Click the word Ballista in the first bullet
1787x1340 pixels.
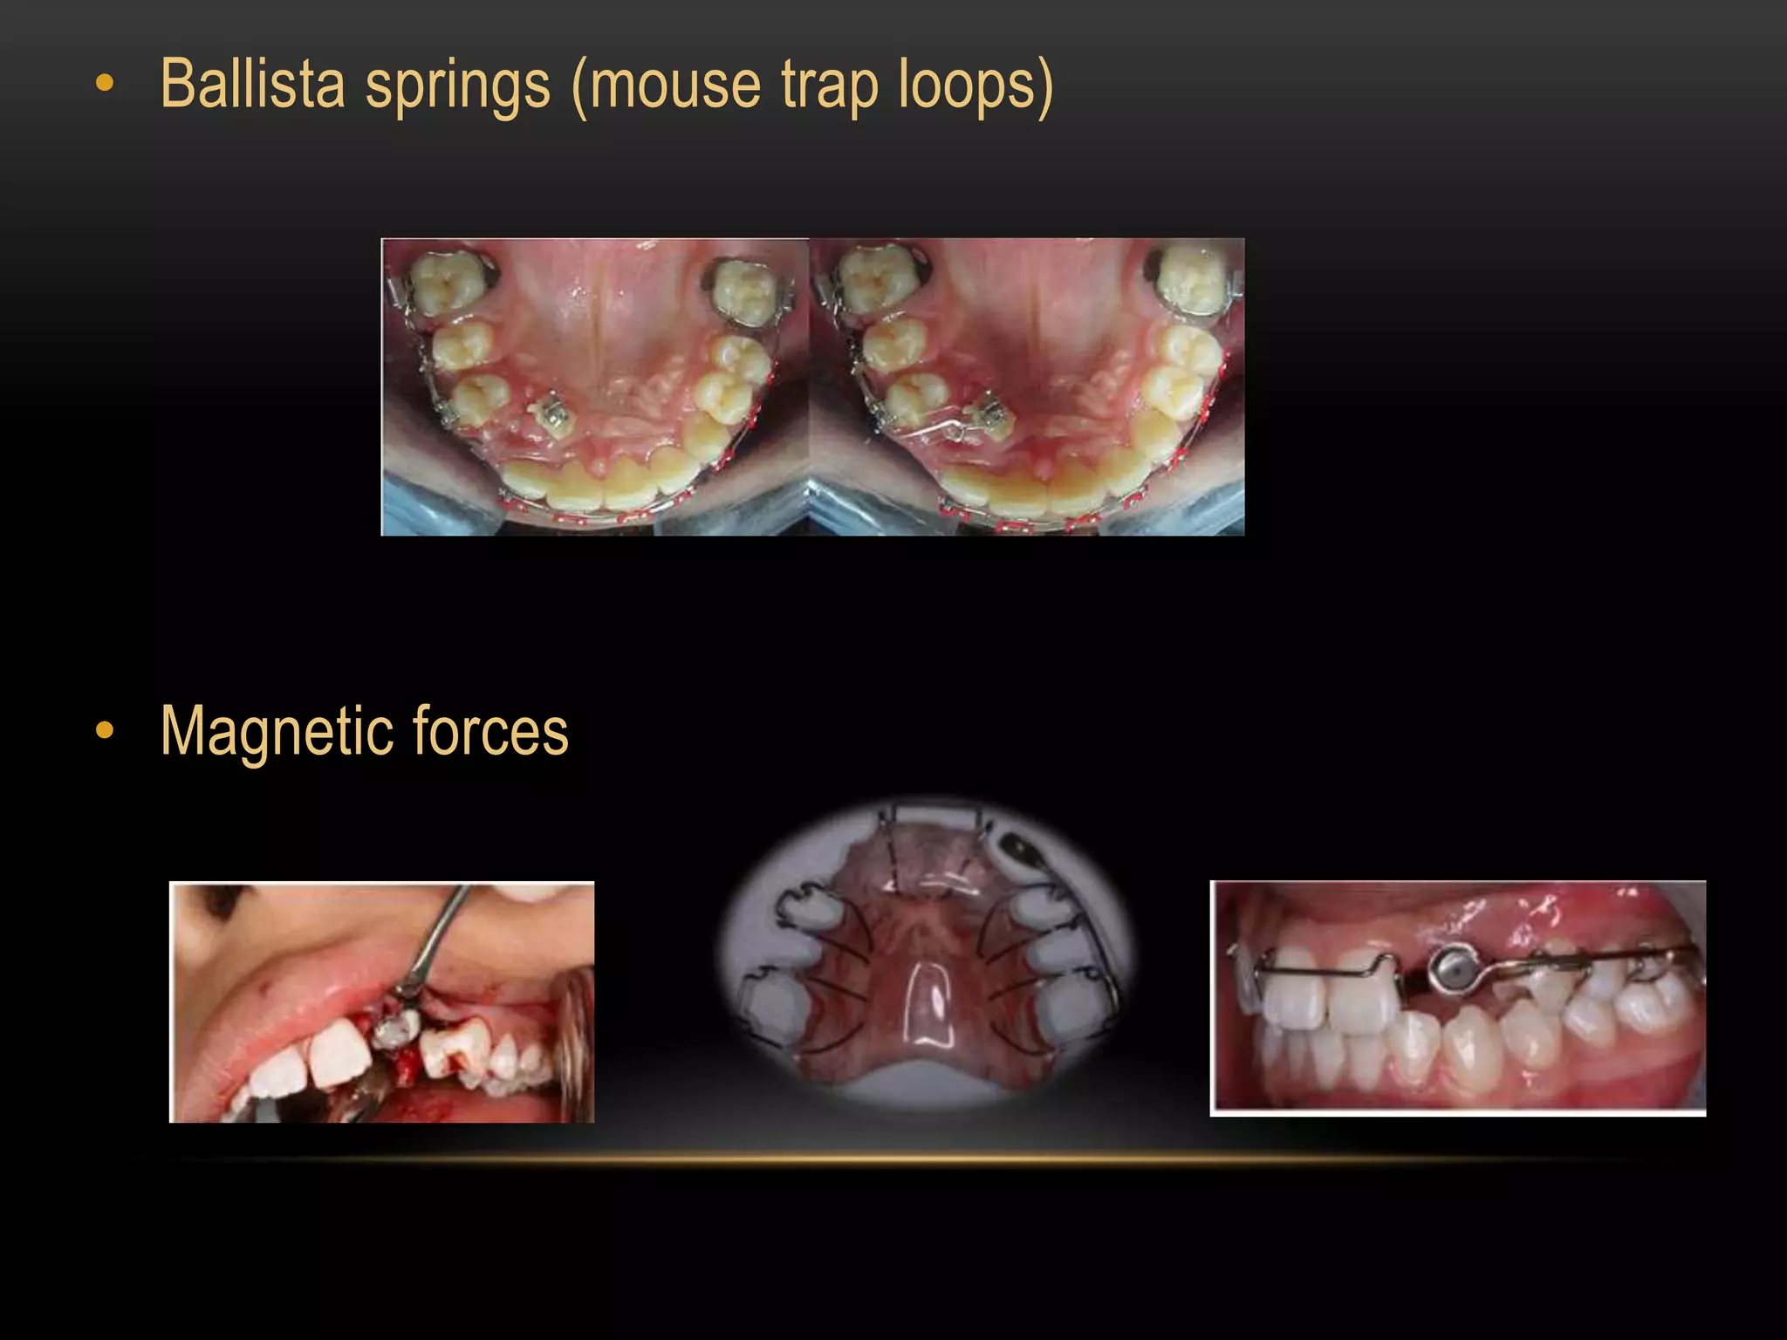point(253,85)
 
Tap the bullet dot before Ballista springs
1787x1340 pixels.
point(105,85)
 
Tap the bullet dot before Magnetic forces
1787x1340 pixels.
point(105,731)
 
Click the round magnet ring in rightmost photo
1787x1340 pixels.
point(1448,970)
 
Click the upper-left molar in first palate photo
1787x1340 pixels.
point(447,282)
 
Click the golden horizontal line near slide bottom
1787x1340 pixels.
point(899,1159)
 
